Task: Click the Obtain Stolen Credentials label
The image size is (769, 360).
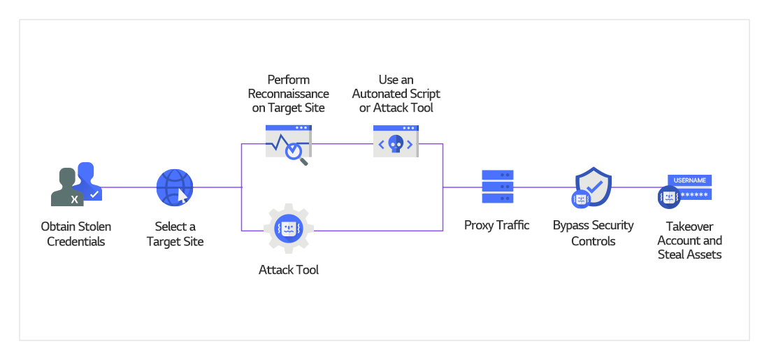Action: point(76,234)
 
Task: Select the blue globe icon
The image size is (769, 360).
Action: point(174,187)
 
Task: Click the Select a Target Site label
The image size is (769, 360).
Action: point(175,234)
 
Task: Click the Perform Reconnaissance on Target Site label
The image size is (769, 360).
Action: point(289,94)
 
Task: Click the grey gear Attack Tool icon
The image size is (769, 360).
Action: point(288,228)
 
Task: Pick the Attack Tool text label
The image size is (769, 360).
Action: point(289,270)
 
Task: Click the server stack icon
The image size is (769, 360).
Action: point(498,187)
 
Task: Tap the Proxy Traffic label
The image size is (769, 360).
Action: point(497,225)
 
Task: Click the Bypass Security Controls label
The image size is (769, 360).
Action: point(593,233)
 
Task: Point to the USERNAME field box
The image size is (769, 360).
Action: point(689,180)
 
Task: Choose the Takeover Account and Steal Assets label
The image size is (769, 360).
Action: point(689,240)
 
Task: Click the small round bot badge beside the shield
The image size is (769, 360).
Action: point(581,199)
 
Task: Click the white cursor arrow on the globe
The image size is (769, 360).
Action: point(182,194)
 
